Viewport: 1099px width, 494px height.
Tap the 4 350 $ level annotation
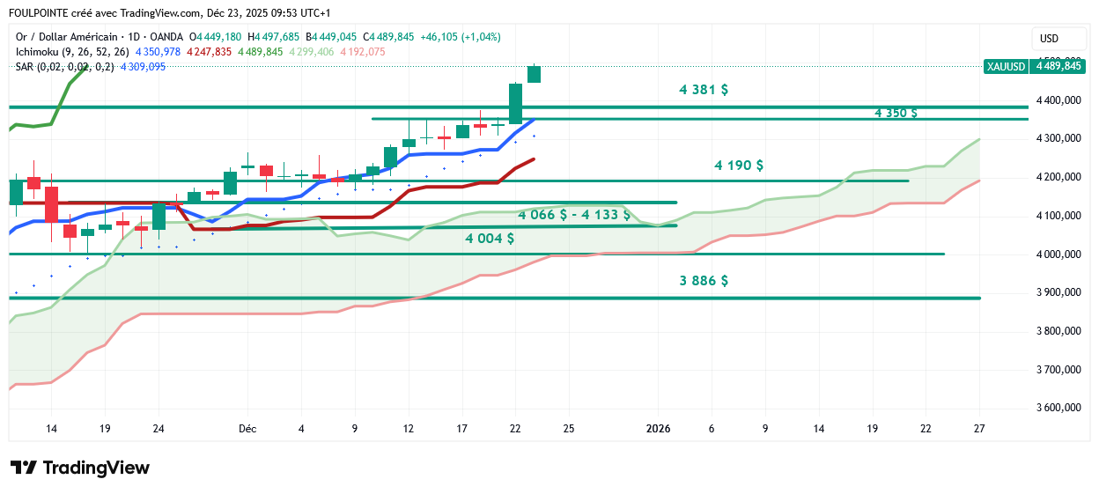[x=896, y=113]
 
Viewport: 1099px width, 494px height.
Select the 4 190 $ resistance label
[x=738, y=166]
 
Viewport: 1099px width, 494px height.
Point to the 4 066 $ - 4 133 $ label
[x=573, y=215]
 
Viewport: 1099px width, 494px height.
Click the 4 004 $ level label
[x=490, y=239]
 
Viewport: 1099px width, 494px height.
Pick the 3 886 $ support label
[x=703, y=281]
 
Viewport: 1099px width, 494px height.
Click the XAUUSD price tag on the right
[x=1005, y=66]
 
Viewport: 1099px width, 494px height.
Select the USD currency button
[x=1049, y=39]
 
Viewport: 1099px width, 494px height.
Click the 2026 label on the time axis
[x=658, y=429]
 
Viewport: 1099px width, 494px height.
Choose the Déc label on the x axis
[x=247, y=429]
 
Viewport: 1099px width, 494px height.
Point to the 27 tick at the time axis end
[x=979, y=429]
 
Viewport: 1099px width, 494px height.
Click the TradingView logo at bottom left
[x=79, y=468]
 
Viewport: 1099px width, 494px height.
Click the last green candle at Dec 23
[x=534, y=74]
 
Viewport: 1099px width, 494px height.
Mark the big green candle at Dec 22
[x=515, y=104]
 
